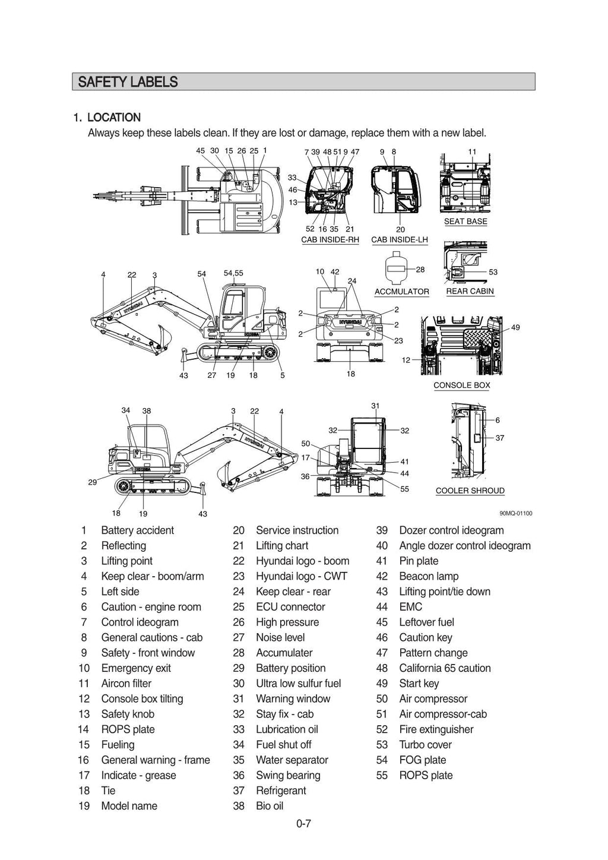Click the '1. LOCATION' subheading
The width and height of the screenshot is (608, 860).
pos(107,118)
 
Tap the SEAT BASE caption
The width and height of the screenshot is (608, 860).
pos(465,222)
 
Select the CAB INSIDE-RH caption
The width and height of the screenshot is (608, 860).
pos(330,240)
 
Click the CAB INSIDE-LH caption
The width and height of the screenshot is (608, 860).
pos(400,240)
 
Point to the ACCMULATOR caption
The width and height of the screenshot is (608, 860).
pos(401,292)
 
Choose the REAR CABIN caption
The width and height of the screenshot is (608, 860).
pos(470,291)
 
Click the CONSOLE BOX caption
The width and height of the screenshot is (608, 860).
pos(461,385)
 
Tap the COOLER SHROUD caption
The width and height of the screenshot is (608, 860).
pos(470,491)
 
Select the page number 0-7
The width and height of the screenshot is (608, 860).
pos(303,823)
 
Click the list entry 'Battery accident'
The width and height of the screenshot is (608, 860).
pos(137,530)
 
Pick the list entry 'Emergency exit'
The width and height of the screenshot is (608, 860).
pos(136,668)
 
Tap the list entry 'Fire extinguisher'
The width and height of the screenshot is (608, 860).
pos(436,729)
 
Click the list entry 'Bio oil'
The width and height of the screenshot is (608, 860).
pos(270,806)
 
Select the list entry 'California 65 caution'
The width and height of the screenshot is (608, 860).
pos(445,668)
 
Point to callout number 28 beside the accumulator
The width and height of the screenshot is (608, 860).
pos(420,270)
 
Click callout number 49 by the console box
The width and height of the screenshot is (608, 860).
pos(515,327)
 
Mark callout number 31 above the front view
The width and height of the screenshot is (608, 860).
pos(375,406)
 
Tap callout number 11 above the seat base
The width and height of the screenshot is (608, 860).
pos(472,152)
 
